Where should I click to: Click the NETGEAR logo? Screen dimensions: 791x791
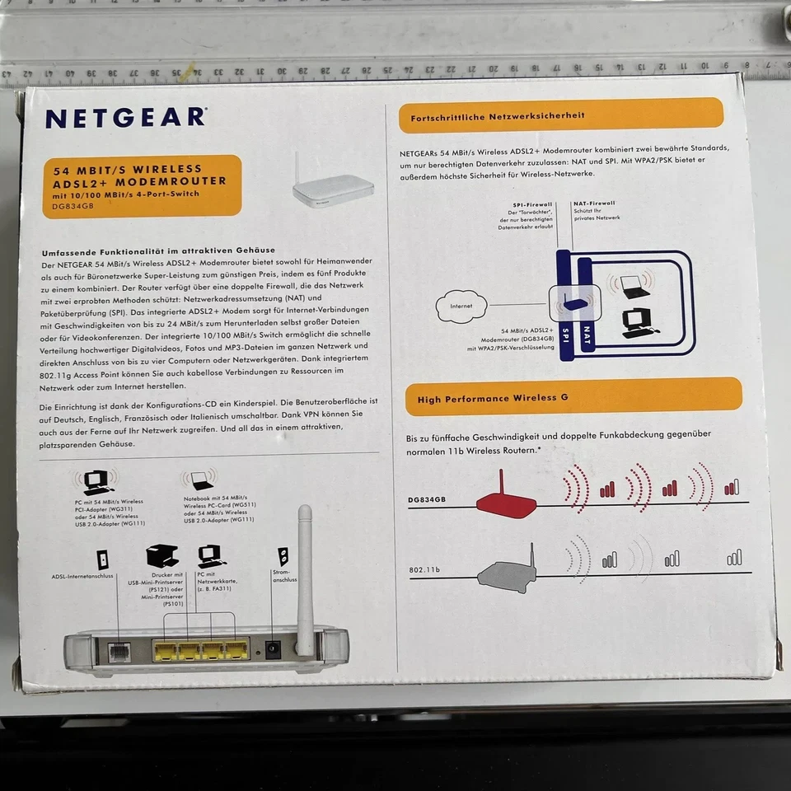point(126,117)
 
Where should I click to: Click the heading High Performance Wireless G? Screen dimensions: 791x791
point(492,399)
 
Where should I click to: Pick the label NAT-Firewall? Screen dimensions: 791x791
point(595,203)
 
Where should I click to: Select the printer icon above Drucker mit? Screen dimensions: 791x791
point(161,557)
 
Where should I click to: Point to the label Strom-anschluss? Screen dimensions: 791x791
point(284,575)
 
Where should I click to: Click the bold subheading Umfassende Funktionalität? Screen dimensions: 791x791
point(158,250)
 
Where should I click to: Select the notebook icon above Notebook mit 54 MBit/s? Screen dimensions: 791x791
point(200,479)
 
